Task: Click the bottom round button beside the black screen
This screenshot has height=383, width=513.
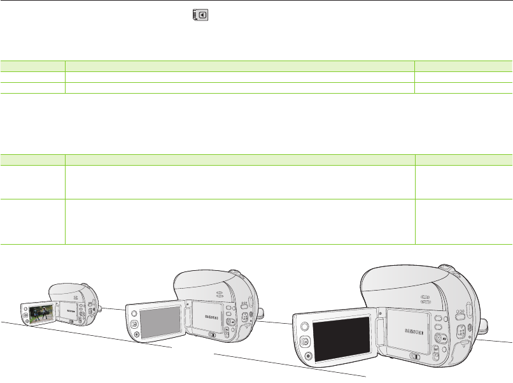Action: tap(307, 357)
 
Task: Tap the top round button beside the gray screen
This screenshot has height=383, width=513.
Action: tap(134, 312)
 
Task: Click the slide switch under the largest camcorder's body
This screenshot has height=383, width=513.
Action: tap(413, 357)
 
